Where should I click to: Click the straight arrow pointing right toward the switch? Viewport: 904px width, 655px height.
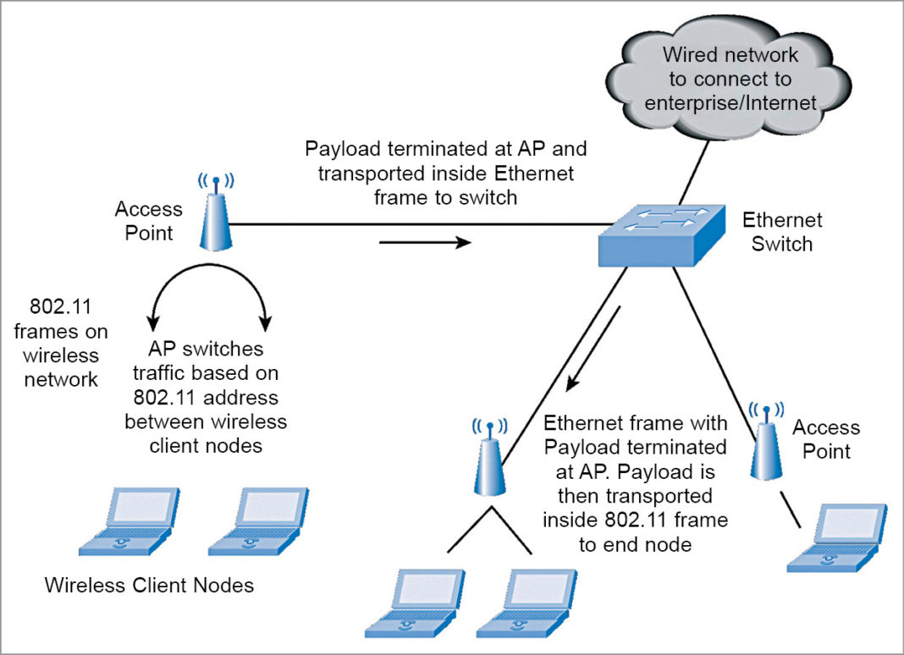click(423, 244)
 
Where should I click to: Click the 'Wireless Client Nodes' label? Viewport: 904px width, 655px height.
click(149, 585)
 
